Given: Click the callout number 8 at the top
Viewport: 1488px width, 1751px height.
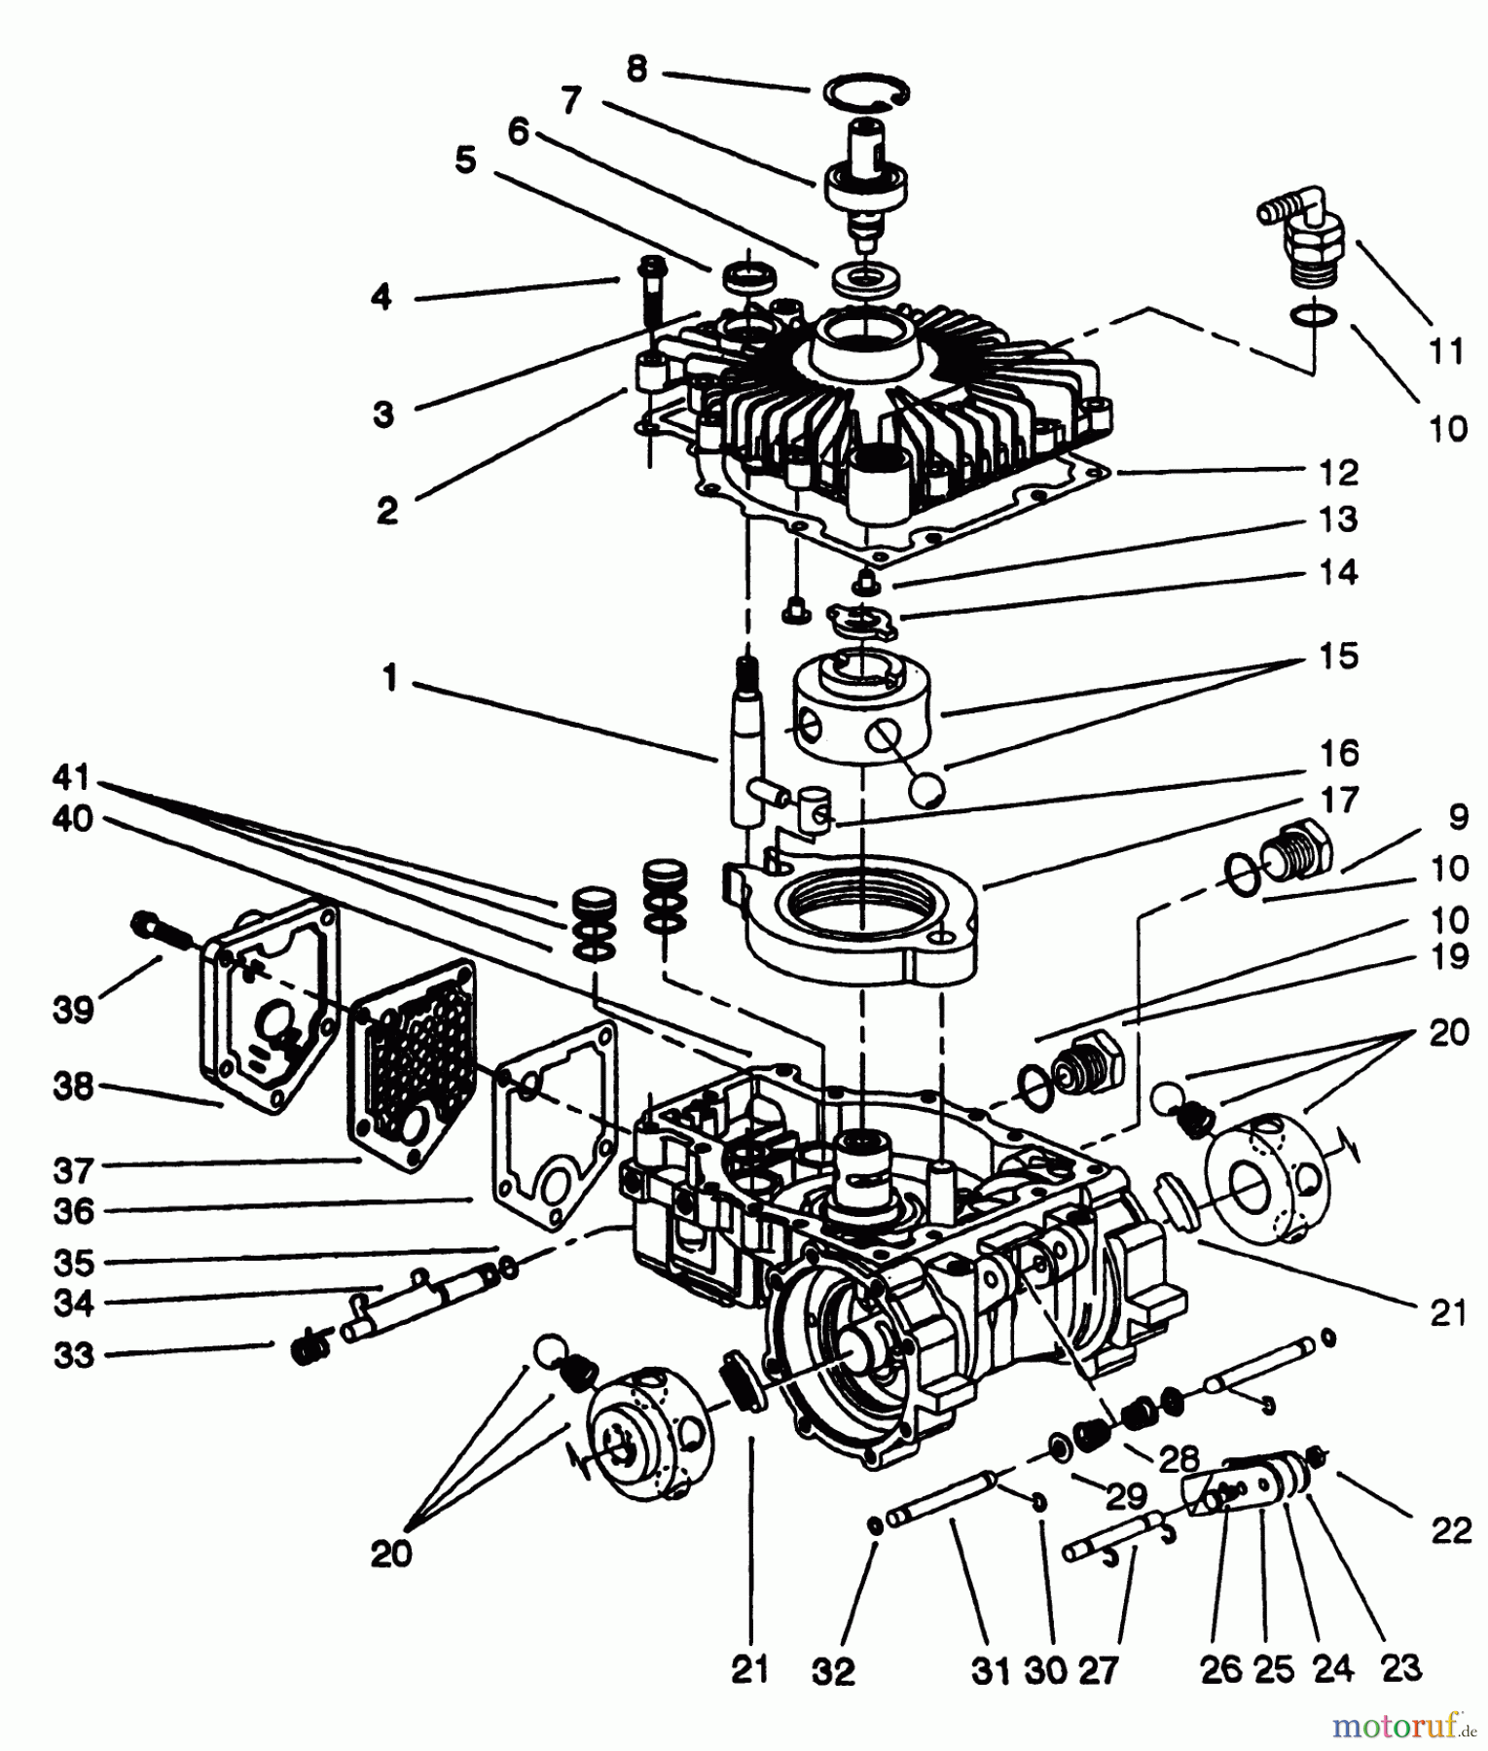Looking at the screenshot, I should (x=636, y=69).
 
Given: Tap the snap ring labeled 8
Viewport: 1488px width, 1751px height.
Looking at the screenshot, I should (x=867, y=93).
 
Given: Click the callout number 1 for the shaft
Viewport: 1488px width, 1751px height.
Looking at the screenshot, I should (x=390, y=678).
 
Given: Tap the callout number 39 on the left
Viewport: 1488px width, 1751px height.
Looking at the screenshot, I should (x=74, y=1010).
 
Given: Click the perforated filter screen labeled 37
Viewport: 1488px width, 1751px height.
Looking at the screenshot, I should (x=411, y=1062).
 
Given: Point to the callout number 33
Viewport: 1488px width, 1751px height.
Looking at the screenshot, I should (x=74, y=1354).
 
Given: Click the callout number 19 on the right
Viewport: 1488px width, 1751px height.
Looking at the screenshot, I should (x=1450, y=956).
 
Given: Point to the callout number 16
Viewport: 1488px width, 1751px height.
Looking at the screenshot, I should (x=1339, y=753).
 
